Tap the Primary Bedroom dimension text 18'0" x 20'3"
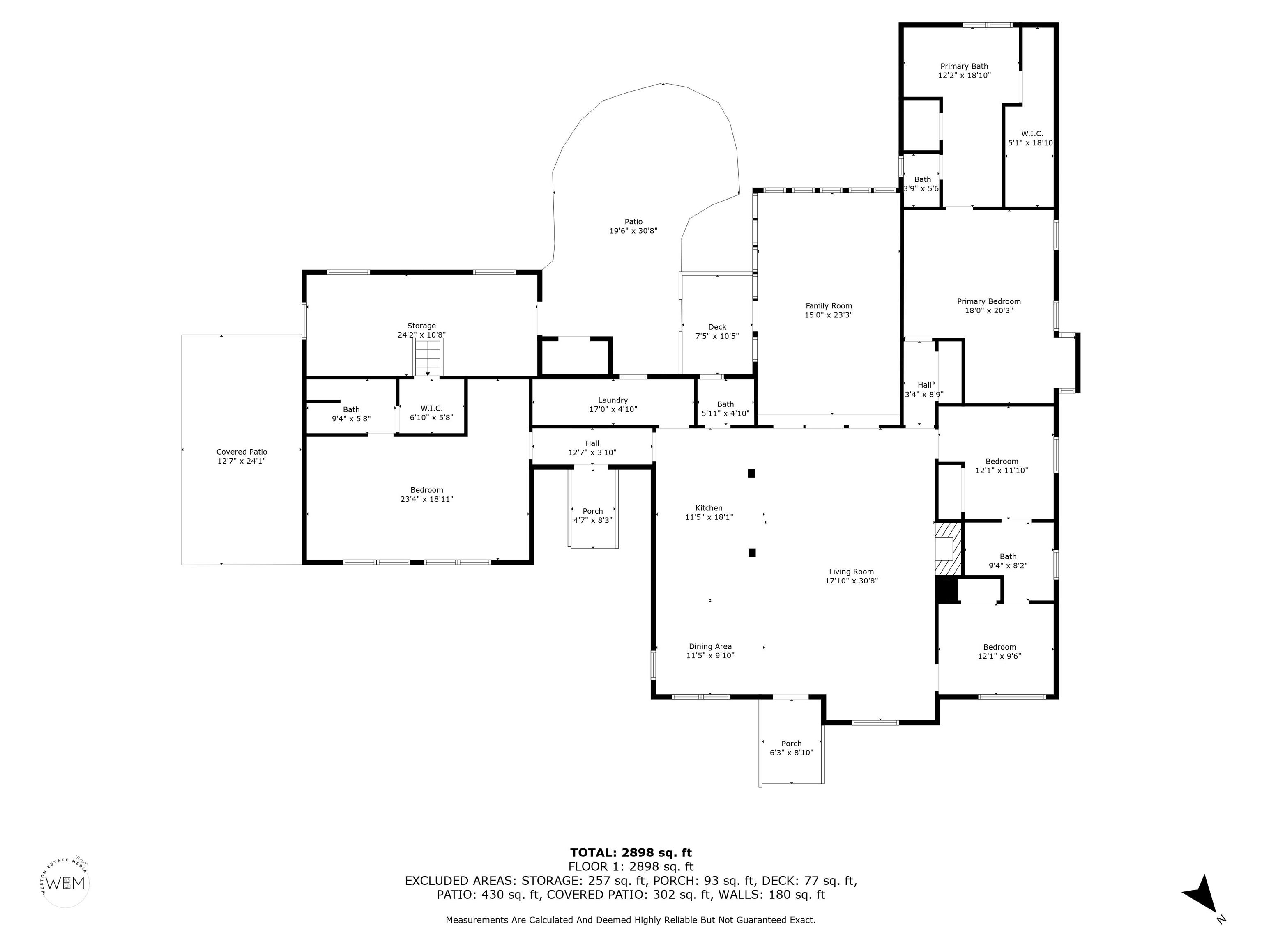pyautogui.click(x=989, y=311)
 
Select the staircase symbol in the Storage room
pyautogui.click(x=428, y=356)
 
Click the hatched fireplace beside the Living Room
pyautogui.click(x=948, y=549)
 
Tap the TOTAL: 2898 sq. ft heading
pyautogui.click(x=631, y=852)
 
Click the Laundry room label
pyautogui.click(x=613, y=400)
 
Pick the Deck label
pyautogui.click(x=717, y=327)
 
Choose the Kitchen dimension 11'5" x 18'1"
pyautogui.click(x=709, y=517)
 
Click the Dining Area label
pyautogui.click(x=710, y=646)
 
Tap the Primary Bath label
pyautogui.click(x=964, y=66)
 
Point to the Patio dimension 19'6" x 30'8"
pyautogui.click(x=633, y=231)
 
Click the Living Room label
pyautogui.click(x=851, y=572)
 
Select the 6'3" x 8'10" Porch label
pyautogui.click(x=791, y=748)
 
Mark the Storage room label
pyautogui.click(x=421, y=326)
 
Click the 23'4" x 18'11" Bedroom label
pyautogui.click(x=427, y=494)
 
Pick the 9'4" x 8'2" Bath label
pyautogui.click(x=1008, y=561)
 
